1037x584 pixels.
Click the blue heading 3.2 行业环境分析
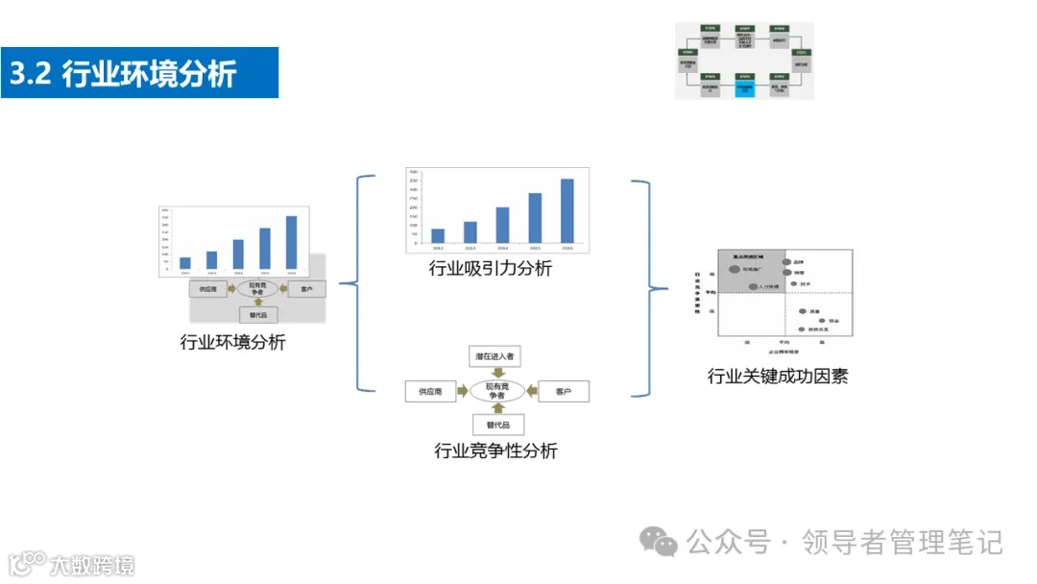coord(139,74)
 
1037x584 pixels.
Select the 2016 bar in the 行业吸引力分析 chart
coord(567,211)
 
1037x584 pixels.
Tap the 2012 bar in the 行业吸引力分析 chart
coord(438,235)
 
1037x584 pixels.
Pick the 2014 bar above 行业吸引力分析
coord(502,225)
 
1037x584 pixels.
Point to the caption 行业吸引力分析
coord(491,269)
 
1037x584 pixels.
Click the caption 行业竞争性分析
coord(495,450)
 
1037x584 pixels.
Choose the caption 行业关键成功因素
coord(777,376)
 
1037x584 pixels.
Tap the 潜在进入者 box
coord(494,356)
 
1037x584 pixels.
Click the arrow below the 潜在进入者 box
coord(495,373)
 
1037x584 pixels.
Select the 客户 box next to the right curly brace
coord(563,392)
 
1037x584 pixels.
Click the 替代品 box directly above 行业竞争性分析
coord(496,425)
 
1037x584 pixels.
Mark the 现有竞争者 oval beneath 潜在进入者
coord(495,391)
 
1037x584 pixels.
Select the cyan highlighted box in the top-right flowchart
coord(745,89)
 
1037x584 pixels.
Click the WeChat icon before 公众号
coord(660,543)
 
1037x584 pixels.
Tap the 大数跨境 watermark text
coord(92,564)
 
